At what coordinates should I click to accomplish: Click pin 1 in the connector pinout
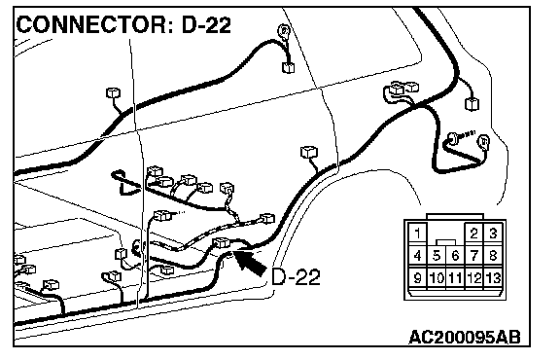click(x=417, y=234)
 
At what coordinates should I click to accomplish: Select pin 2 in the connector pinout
click(x=473, y=234)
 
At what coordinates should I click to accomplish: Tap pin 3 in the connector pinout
click(x=493, y=234)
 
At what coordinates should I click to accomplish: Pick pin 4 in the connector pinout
click(x=417, y=256)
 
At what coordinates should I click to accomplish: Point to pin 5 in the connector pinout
click(x=437, y=256)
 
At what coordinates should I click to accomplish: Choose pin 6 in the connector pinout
click(x=455, y=256)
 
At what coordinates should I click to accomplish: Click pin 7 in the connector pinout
click(x=473, y=256)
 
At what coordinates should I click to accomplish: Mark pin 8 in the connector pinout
click(x=493, y=256)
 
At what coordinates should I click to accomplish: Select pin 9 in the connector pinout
click(x=417, y=277)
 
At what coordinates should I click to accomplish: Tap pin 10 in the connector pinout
click(x=437, y=277)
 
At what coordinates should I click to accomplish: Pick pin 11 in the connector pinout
click(x=455, y=277)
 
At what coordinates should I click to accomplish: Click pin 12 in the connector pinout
click(x=473, y=277)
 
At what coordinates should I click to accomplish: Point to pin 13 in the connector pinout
click(x=493, y=277)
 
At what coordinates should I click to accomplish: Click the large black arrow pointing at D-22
click(x=250, y=263)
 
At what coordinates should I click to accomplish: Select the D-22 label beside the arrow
click(x=296, y=276)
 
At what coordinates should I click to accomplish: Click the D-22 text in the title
click(x=206, y=25)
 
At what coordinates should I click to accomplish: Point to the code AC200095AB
click(x=465, y=337)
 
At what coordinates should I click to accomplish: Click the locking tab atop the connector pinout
click(x=455, y=217)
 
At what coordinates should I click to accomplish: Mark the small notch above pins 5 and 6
click(x=445, y=242)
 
